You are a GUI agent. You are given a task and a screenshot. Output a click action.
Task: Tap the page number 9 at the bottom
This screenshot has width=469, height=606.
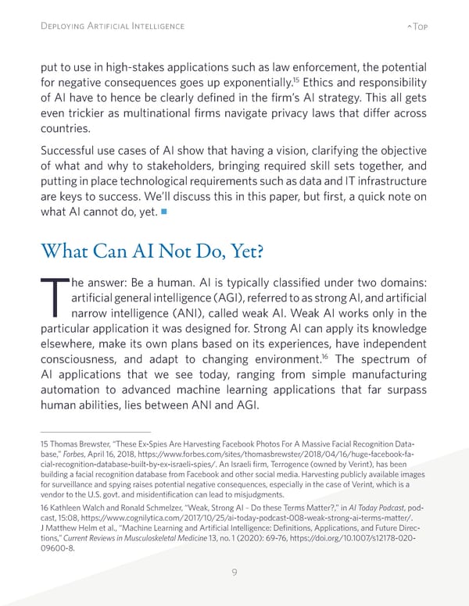[x=234, y=573]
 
